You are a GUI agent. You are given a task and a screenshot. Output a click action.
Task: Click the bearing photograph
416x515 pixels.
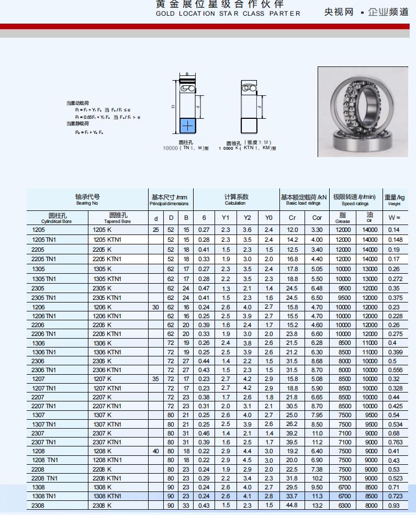tap(363, 111)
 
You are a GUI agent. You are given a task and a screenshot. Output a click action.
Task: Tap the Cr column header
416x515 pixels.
tap(293, 218)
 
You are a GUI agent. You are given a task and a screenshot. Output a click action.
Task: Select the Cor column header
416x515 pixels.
tap(317, 218)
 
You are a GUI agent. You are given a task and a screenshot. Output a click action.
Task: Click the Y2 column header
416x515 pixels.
tap(248, 218)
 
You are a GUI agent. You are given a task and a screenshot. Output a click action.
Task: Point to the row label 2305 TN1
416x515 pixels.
tap(44, 297)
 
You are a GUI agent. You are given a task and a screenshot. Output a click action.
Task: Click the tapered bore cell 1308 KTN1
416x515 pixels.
tap(107, 496)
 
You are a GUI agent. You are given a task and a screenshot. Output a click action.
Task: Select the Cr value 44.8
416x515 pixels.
tap(292, 505)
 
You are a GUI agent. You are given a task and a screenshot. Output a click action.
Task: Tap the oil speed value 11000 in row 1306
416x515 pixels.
tap(370, 343)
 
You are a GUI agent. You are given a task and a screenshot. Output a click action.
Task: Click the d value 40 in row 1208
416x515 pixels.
tap(155, 451)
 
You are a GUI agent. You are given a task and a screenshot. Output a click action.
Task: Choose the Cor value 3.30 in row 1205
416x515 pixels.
tap(317, 230)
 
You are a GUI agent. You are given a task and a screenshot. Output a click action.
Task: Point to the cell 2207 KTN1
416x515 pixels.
tap(107, 406)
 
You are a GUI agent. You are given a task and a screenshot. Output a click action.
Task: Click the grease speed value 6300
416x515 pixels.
tap(343, 506)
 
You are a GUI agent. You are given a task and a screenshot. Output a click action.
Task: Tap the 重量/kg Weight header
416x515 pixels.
tap(395, 199)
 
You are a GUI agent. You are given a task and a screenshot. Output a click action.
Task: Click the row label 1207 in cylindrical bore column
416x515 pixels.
tap(39, 379)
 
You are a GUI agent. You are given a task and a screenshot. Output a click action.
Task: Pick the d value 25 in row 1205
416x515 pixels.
tap(155, 230)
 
